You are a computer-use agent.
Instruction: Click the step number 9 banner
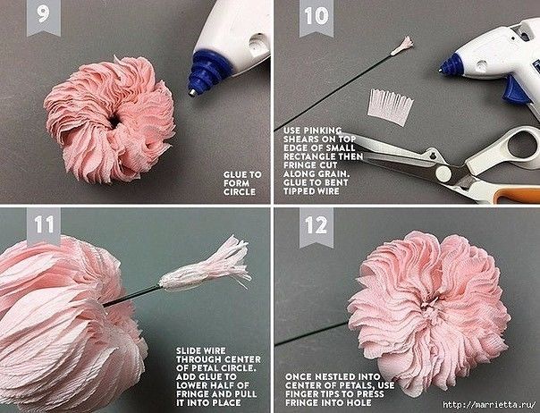click(44, 16)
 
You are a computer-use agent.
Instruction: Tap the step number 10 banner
click(316, 17)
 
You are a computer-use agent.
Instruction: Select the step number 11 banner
click(44, 226)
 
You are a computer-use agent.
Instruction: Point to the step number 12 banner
click(316, 227)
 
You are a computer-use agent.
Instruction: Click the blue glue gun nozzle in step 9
click(207, 73)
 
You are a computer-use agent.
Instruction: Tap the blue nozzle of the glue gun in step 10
click(451, 65)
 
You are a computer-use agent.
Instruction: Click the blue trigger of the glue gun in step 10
click(516, 91)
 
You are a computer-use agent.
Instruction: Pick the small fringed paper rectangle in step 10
click(390, 106)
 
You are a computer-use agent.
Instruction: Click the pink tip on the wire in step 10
click(402, 46)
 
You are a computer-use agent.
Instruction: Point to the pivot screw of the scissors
click(443, 173)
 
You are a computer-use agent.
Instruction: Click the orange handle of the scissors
click(517, 195)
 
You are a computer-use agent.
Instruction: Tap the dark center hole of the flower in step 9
click(114, 122)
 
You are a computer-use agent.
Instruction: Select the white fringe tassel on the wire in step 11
click(206, 265)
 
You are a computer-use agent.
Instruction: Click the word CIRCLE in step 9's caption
click(240, 192)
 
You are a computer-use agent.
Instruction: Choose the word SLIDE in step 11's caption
click(188, 350)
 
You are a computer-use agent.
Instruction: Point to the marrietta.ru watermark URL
click(489, 405)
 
